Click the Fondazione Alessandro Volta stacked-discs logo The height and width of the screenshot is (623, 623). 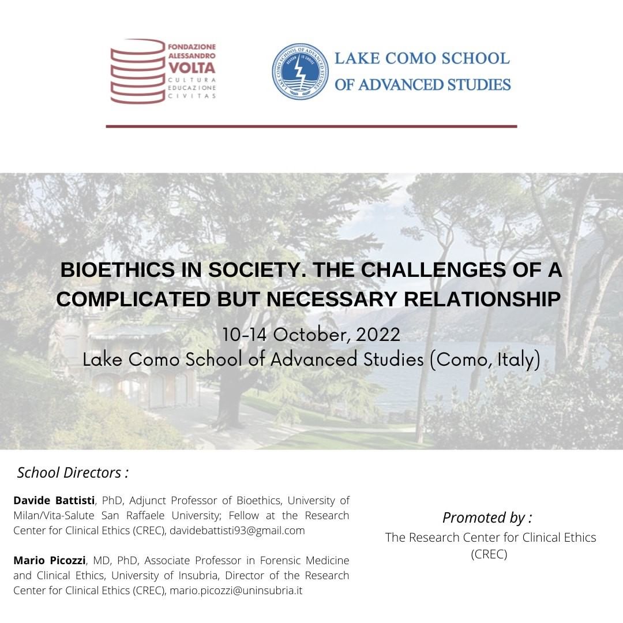(138, 71)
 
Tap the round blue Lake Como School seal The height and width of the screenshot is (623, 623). (300, 72)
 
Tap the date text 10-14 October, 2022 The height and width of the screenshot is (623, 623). (311, 335)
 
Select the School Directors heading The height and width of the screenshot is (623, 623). (73, 473)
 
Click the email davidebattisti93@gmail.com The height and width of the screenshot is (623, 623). (237, 530)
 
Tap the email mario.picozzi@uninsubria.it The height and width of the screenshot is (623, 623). (236, 591)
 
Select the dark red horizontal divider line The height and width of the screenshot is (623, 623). (311, 126)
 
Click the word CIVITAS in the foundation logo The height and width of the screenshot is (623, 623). (192, 96)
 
